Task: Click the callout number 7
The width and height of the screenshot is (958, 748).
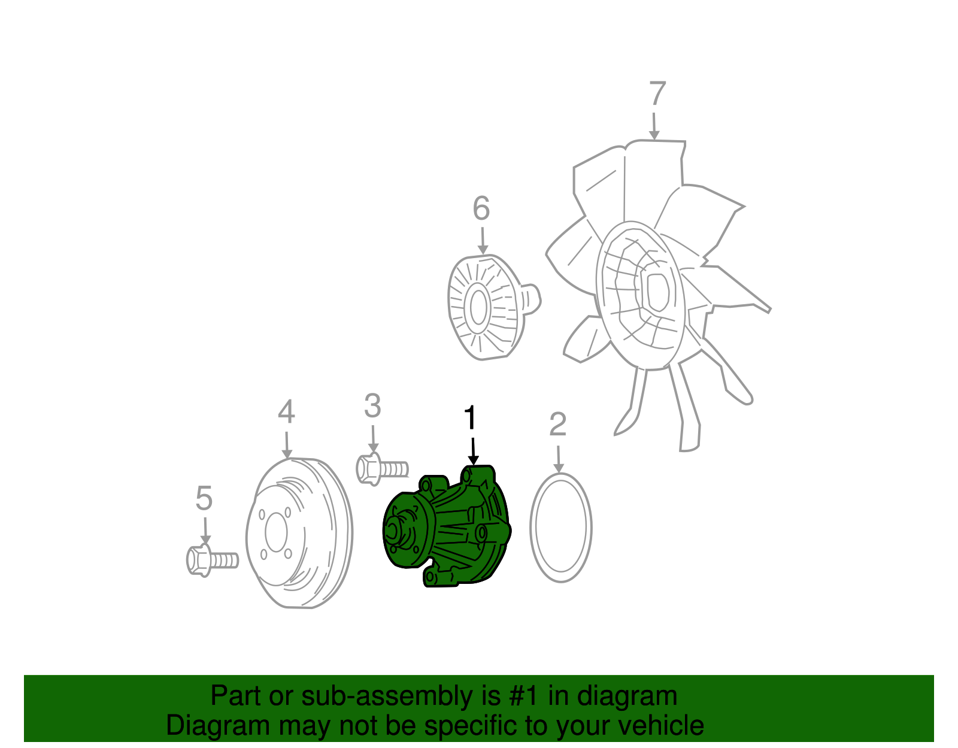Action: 657,94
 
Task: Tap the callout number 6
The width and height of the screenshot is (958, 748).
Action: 481,208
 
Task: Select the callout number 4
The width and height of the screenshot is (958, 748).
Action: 286,412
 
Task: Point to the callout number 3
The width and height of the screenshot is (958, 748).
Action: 372,406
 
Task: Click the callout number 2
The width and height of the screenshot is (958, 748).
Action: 557,425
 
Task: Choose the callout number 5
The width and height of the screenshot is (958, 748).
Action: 204,498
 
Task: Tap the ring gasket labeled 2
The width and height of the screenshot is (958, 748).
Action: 561,528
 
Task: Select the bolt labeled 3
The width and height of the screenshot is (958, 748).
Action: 381,468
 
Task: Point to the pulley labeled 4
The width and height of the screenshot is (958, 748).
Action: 299,533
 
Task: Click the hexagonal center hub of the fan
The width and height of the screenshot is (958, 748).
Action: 657,292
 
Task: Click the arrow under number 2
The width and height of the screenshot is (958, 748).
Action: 559,460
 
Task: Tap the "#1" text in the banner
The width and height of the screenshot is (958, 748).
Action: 524,696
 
